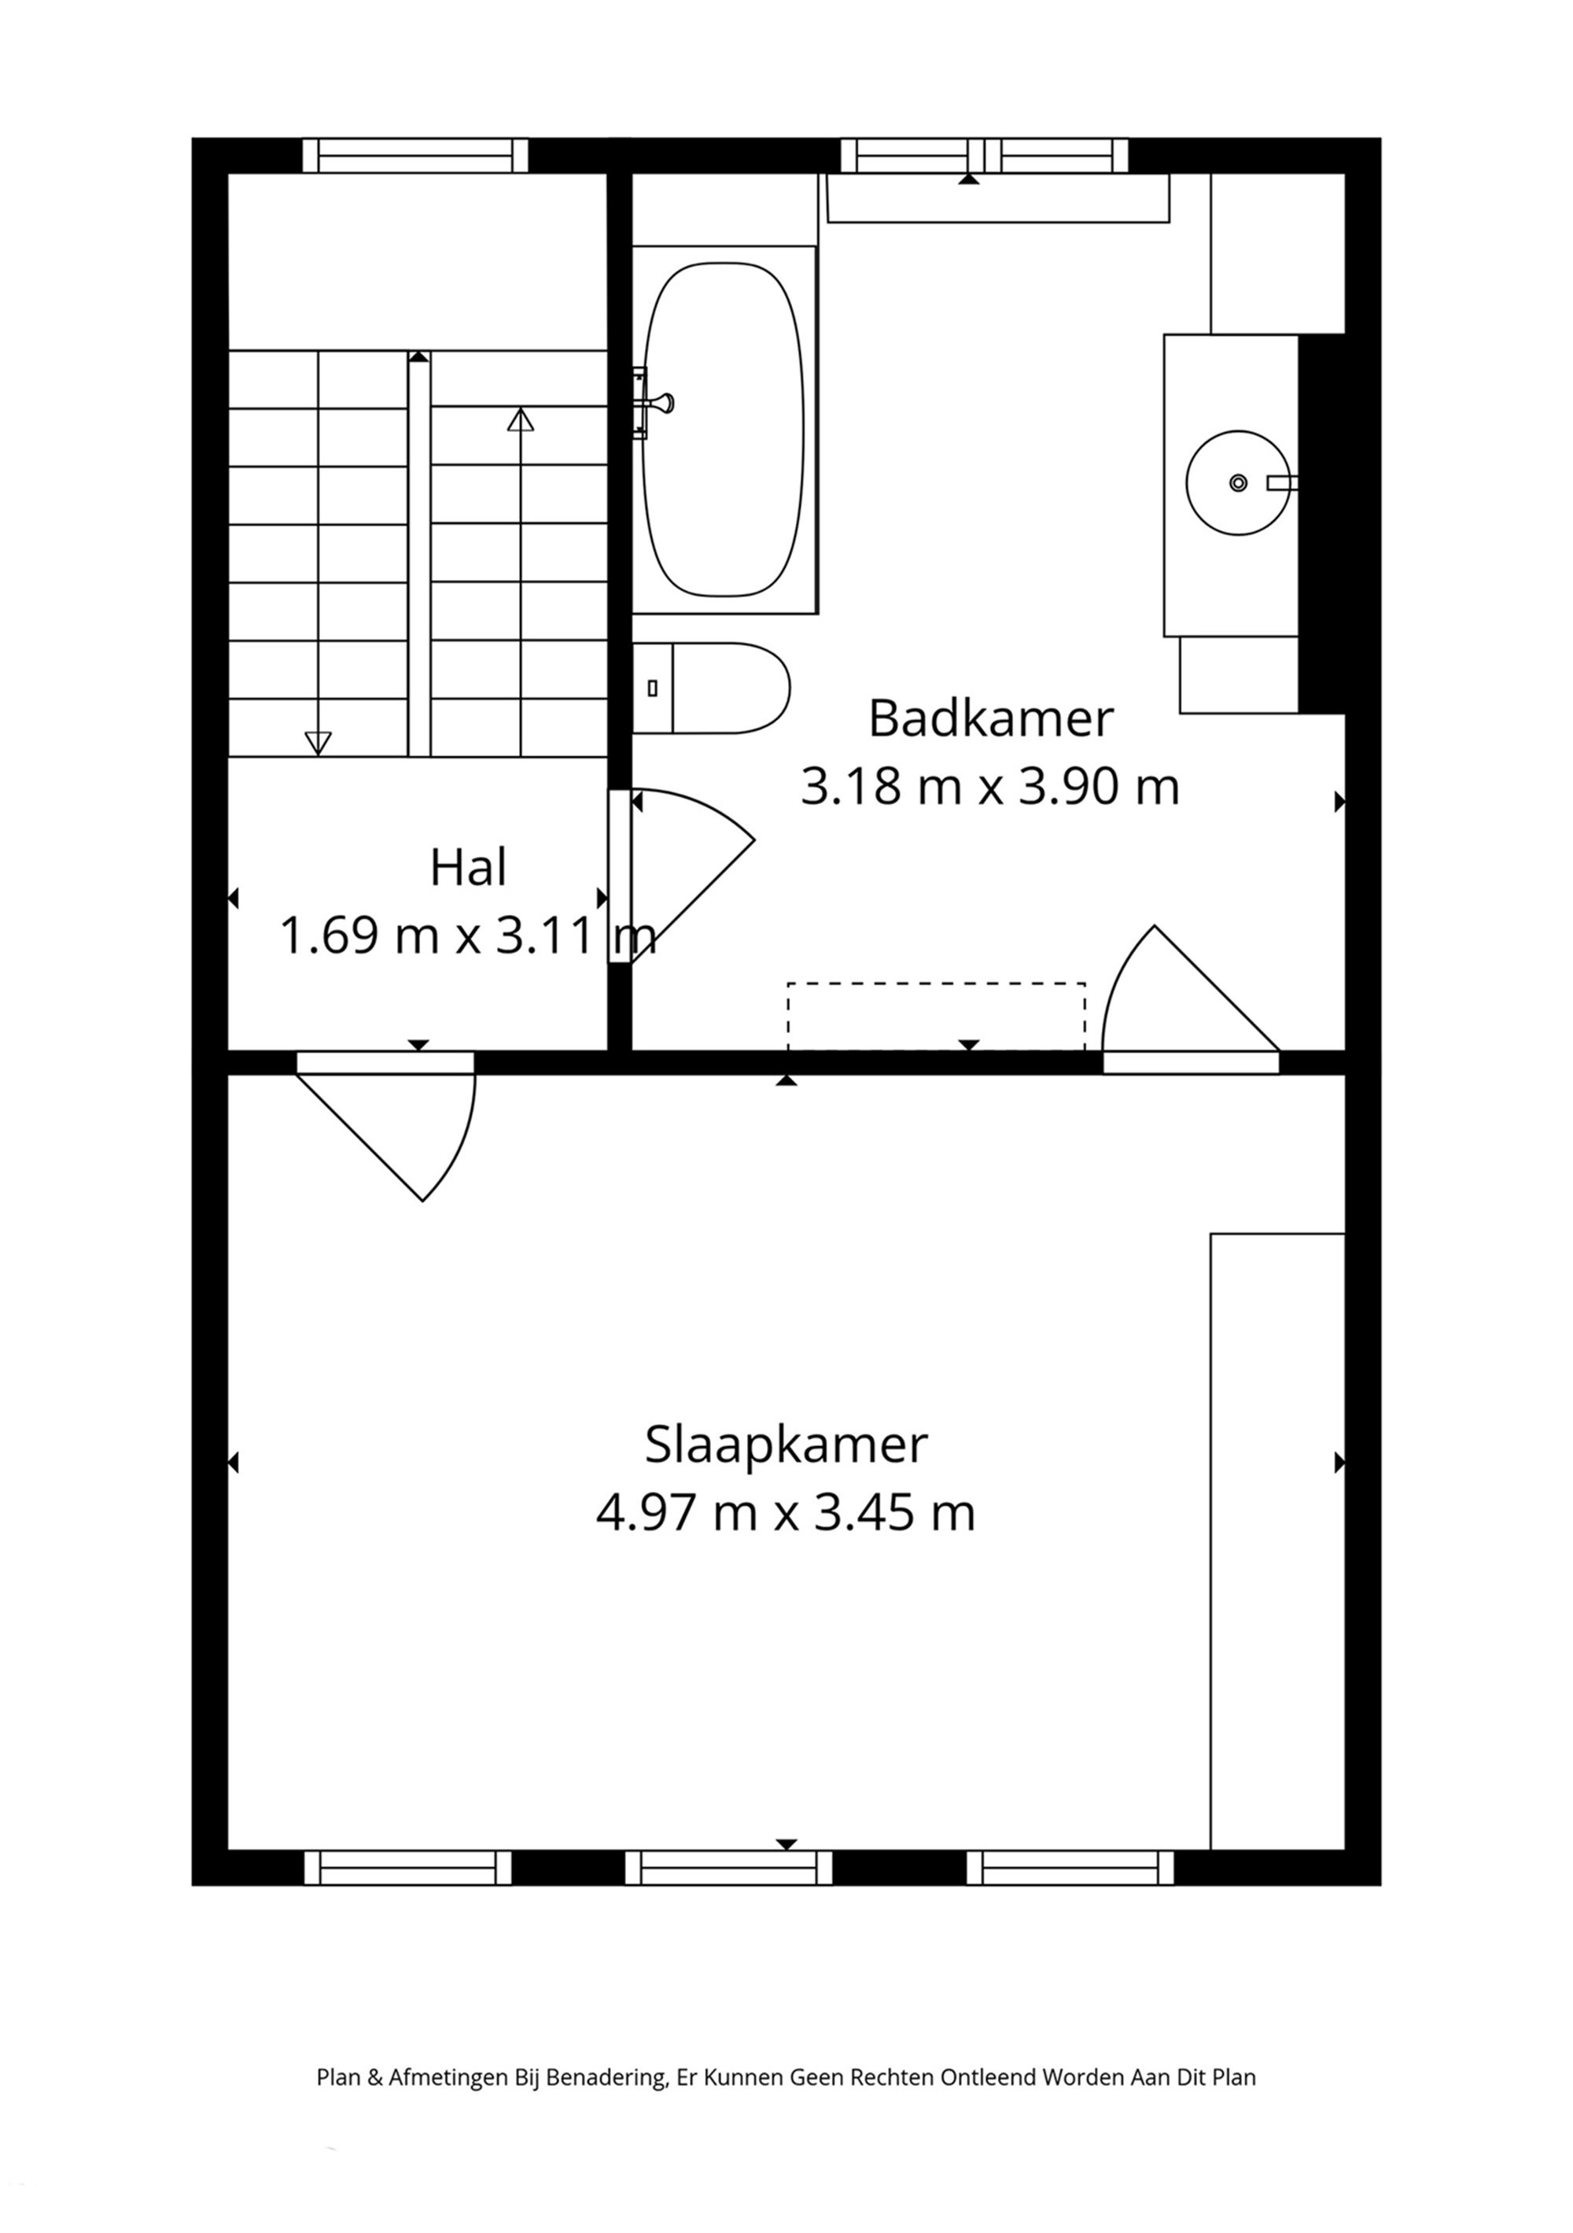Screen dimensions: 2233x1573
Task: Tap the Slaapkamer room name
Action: (786, 1445)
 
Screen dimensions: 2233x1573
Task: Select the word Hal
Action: (468, 869)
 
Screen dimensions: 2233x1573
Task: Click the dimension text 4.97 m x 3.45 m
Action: (786, 1513)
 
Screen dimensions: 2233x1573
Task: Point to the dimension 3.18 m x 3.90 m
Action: (989, 787)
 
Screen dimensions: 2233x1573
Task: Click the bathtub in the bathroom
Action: (724, 429)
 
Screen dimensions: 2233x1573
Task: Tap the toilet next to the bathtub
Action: (720, 688)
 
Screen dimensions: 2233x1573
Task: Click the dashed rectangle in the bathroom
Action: (935, 1017)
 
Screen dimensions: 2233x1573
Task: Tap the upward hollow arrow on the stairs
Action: (521, 420)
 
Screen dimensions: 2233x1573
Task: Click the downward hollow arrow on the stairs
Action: (318, 742)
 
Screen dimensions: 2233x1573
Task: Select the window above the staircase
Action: (415, 156)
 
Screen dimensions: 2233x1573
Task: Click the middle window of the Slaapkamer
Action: (728, 1868)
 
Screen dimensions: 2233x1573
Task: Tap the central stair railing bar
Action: (419, 555)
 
